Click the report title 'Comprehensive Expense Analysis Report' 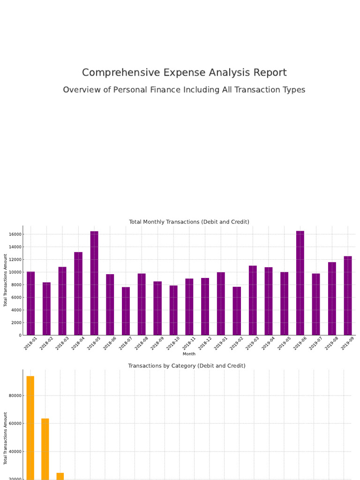184,73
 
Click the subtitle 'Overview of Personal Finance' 184,90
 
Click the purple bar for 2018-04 78,293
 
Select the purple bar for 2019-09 348,295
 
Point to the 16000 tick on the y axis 15,234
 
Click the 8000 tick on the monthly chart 16,285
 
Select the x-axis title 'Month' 189,354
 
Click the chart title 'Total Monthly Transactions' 189,222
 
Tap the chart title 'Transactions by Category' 187,366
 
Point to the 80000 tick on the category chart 15,396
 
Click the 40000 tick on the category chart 15,452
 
